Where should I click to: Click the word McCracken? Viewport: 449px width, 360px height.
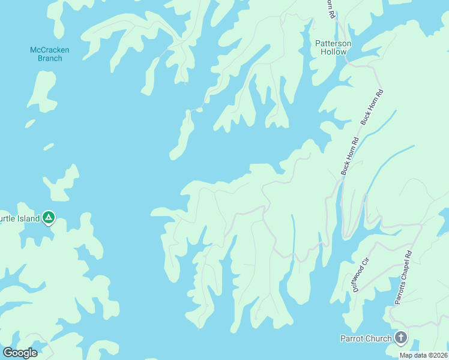coord(46,50)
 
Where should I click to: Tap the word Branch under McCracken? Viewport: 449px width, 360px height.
coord(46,58)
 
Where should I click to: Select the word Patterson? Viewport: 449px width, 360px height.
coord(333,44)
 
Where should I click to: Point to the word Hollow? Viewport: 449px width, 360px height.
coord(333,52)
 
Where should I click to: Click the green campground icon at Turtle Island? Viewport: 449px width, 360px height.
coord(49,218)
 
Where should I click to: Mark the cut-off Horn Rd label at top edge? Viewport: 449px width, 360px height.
coord(330,8)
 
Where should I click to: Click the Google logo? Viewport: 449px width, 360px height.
coord(20,353)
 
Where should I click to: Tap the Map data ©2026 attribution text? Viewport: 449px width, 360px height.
coord(423,355)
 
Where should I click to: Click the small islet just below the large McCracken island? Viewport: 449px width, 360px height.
coord(30,124)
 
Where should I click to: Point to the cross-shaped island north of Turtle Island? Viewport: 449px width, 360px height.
coord(61,182)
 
